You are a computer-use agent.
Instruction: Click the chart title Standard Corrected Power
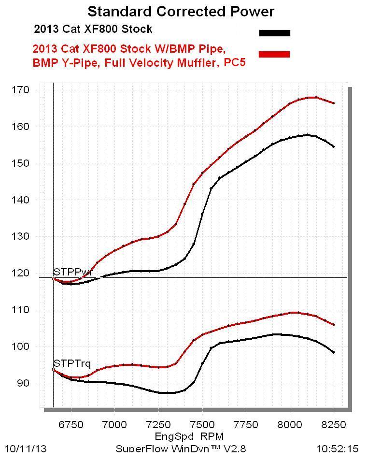click(x=181, y=11)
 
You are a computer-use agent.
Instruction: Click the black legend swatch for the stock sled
click(x=274, y=33)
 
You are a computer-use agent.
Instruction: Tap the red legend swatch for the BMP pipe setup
click(x=274, y=54)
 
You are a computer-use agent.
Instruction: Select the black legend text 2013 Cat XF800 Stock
click(x=93, y=29)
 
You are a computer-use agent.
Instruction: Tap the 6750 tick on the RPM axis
click(x=71, y=425)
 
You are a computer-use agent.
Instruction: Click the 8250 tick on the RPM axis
click(x=334, y=425)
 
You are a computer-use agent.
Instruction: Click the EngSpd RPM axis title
click(x=189, y=436)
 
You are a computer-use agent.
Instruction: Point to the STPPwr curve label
click(x=72, y=272)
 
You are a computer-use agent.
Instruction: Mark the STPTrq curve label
click(x=72, y=363)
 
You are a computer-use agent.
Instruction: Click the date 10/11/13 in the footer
click(x=26, y=449)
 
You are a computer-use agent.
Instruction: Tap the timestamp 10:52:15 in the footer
click(x=338, y=449)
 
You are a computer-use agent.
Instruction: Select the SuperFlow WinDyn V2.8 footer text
click(x=181, y=449)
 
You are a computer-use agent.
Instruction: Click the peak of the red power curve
click(x=316, y=97)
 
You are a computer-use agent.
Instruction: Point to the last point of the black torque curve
click(x=334, y=352)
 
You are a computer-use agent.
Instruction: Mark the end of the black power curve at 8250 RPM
click(x=334, y=146)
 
